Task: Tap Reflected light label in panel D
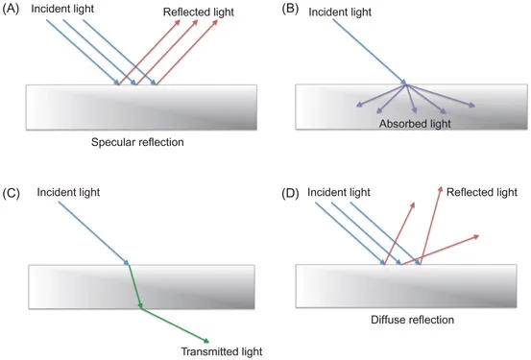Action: point(482,192)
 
